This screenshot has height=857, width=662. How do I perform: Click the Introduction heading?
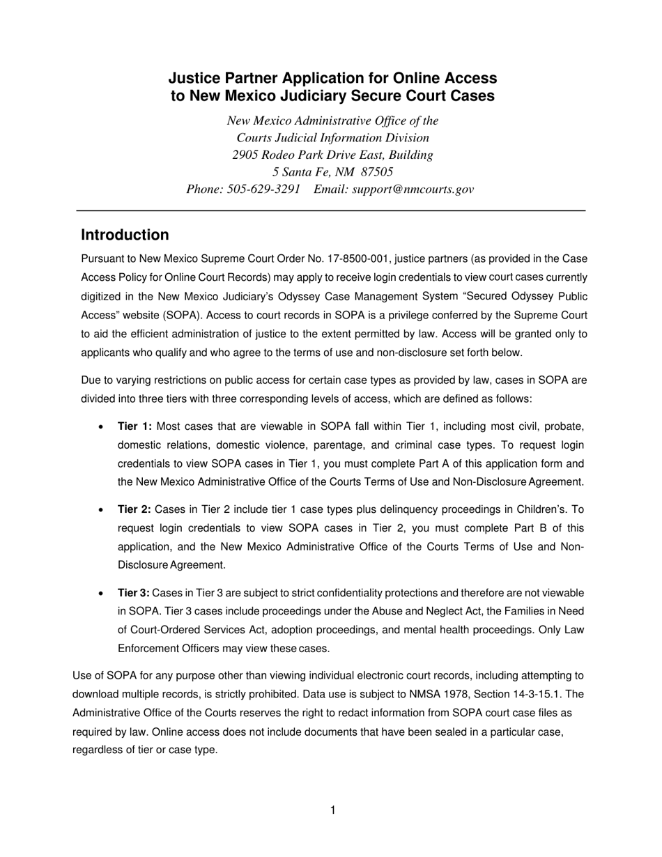(125, 235)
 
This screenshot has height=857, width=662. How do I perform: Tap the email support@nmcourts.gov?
(413, 189)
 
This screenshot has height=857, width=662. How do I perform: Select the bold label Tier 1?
(134, 426)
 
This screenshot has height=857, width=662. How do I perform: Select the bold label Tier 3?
(134, 593)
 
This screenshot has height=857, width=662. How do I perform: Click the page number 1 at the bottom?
(332, 810)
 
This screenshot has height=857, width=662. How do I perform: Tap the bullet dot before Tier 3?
(102, 594)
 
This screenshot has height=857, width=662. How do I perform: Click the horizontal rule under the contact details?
(330, 210)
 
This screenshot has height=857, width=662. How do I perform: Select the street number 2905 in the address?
(246, 155)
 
